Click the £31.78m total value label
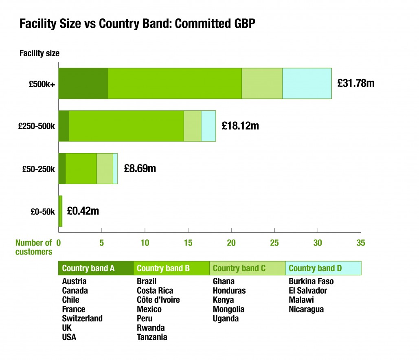[x=355, y=83]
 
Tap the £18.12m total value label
[x=240, y=126]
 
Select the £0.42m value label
[x=83, y=211]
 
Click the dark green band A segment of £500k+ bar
[x=83, y=83]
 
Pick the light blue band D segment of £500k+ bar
[x=307, y=83]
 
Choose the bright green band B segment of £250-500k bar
[x=126, y=126]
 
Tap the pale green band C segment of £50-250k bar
[x=105, y=168]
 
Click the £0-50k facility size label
[x=42, y=211]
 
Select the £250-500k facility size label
[x=37, y=126]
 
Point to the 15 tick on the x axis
[x=188, y=243]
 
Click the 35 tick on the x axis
[x=360, y=243]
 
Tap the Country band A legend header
[x=88, y=268]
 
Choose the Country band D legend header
[x=315, y=268]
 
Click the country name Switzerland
[x=82, y=318]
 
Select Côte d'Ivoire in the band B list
[x=158, y=300]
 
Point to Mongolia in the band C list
[x=228, y=310]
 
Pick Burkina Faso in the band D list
[x=311, y=281]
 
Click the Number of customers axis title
[x=34, y=248]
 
